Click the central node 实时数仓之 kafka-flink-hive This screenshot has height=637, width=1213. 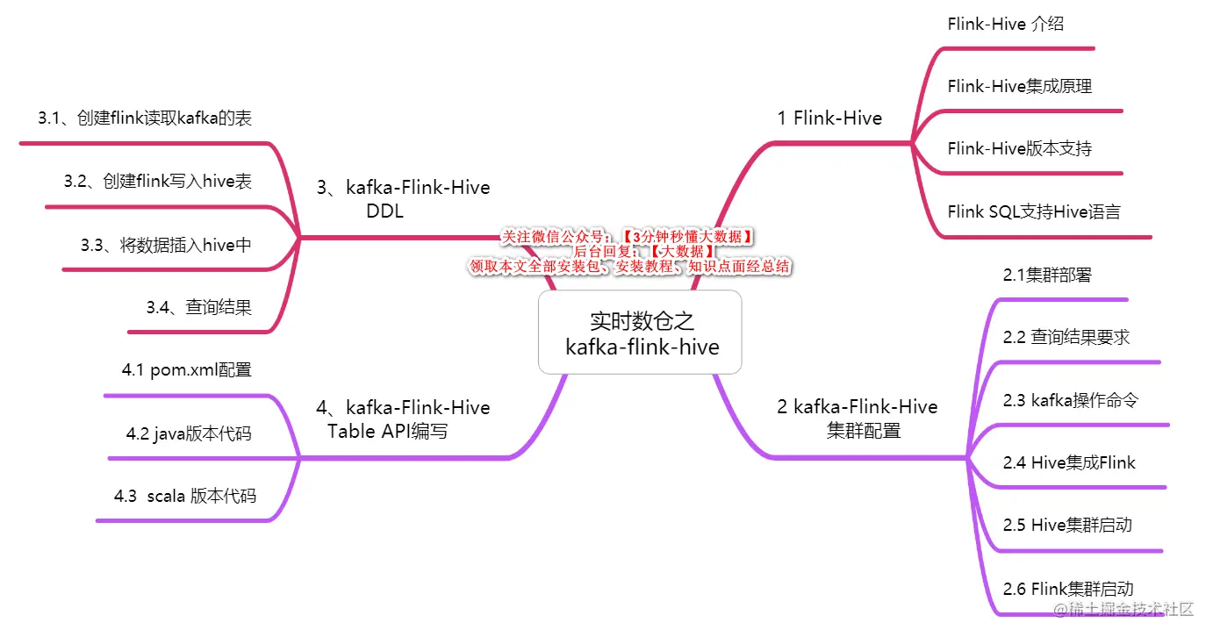click(641, 333)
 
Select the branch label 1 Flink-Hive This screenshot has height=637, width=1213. click(829, 118)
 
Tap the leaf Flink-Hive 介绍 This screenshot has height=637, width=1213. click(1006, 25)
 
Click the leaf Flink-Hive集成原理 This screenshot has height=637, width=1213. click(1019, 86)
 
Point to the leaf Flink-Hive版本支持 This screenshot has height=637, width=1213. click(1019, 148)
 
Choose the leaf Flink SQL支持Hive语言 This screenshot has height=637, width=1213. click(1034, 211)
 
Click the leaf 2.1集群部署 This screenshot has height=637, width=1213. click(1047, 275)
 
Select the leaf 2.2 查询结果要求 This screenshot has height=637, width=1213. click(1066, 337)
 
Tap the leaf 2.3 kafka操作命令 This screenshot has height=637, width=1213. click(1071, 400)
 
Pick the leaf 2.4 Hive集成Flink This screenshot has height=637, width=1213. click(1069, 462)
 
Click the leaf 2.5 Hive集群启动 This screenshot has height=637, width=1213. click(1067, 525)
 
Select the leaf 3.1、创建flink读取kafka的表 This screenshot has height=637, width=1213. click(145, 118)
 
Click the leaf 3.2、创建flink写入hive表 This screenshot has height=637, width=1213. click(158, 182)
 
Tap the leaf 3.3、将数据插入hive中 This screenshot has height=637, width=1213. click(167, 245)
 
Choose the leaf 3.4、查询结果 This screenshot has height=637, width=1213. click(199, 307)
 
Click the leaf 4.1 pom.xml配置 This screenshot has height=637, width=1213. click(187, 370)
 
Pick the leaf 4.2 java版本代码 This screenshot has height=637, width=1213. click(189, 433)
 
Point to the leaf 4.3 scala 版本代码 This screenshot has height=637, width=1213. click(185, 496)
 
